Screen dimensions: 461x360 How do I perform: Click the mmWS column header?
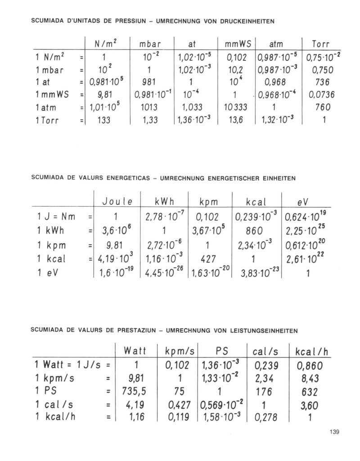[241, 45]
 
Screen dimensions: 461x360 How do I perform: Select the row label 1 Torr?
[49, 121]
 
